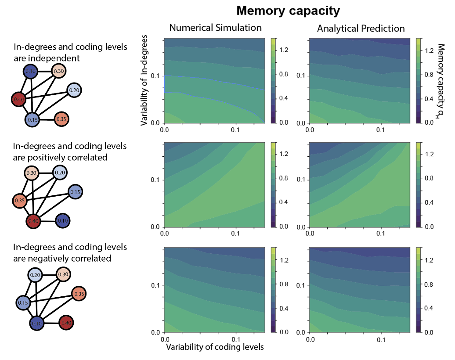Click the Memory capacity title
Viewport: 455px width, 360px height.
tap(288, 11)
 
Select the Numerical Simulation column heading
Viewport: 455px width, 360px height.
tap(215, 28)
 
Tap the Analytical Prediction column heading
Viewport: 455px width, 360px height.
tap(361, 29)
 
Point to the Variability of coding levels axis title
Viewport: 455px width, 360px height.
tap(215, 347)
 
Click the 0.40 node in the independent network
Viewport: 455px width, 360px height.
tap(18, 100)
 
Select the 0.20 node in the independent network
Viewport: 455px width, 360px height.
tap(74, 90)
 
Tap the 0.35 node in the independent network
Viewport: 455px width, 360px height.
tap(62, 119)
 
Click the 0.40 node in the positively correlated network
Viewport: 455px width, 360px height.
tap(33, 221)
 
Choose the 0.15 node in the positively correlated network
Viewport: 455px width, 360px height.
tap(75, 192)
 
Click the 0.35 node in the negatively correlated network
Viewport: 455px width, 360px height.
tap(79, 293)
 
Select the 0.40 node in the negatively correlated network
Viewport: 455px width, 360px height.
tap(66, 323)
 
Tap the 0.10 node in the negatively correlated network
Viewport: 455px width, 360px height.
tap(37, 323)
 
